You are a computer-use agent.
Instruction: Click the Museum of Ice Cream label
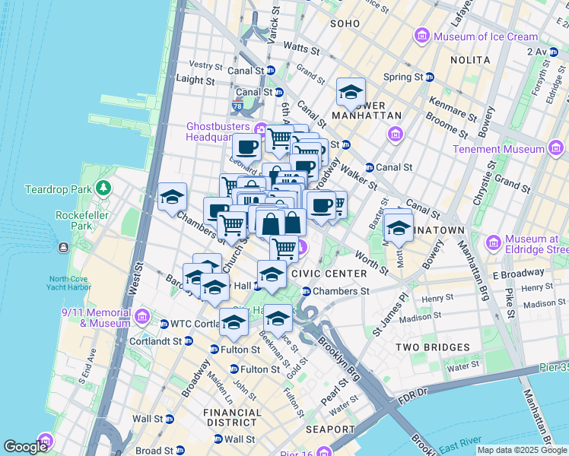(x=485, y=36)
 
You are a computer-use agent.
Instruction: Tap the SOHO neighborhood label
(x=345, y=24)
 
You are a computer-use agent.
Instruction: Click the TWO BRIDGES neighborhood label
(x=433, y=347)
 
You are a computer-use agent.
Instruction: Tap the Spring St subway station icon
(x=429, y=78)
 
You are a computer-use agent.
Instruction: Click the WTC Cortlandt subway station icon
(x=164, y=325)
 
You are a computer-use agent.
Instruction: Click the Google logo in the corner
(x=25, y=447)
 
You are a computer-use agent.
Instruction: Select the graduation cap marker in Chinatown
(x=398, y=226)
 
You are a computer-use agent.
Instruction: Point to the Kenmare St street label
(x=457, y=100)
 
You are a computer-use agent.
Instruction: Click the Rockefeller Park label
(x=84, y=220)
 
